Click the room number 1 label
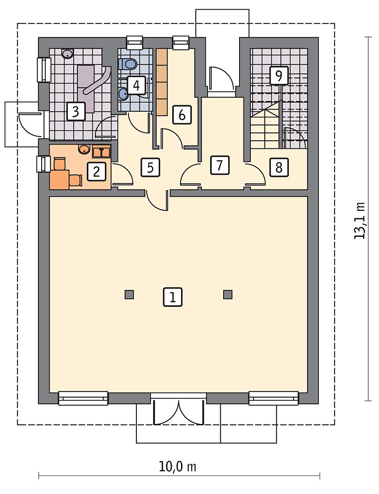173,297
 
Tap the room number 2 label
96,172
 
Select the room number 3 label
75,112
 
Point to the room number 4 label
136,86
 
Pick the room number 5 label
150,167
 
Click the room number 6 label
182,115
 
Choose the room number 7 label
219,165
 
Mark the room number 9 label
279,75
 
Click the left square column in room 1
129,295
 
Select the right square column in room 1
228,295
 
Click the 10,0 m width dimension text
177,467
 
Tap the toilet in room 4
128,64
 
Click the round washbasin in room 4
123,93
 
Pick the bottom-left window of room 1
83,398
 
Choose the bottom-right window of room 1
274,398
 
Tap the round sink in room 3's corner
68,54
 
